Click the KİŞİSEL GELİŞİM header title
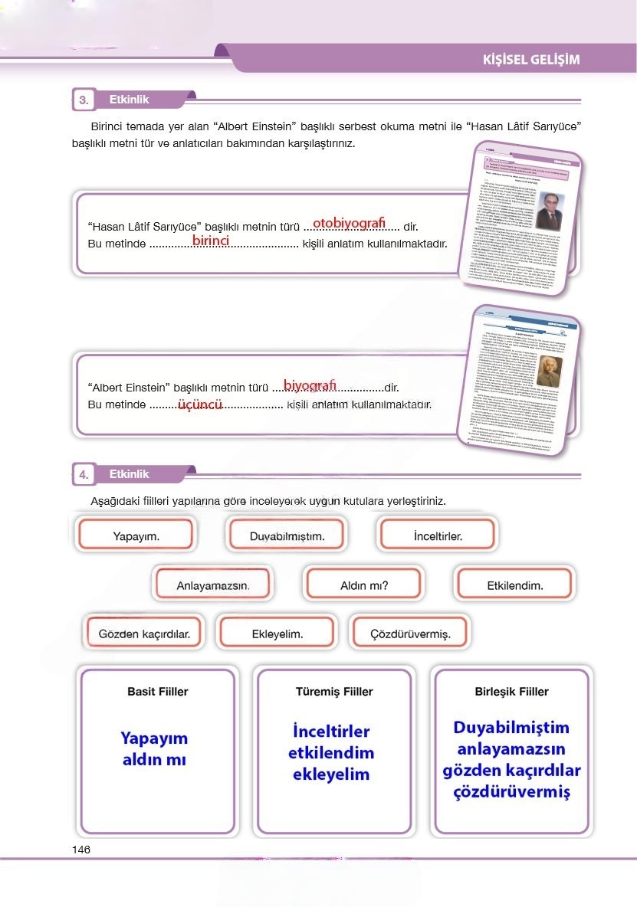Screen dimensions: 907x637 (531, 60)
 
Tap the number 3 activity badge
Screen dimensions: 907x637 (84, 100)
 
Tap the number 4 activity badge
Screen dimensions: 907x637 (84, 475)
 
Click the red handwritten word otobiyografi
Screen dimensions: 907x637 (349, 222)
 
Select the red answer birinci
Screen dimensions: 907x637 (211, 241)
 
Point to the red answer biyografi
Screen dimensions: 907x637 (310, 384)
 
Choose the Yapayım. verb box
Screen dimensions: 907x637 (136, 535)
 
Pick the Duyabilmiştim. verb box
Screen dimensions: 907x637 (287, 535)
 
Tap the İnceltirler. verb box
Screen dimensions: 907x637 (437, 535)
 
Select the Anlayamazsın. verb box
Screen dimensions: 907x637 (212, 586)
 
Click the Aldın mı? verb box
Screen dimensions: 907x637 (363, 586)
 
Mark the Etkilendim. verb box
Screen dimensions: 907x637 (514, 586)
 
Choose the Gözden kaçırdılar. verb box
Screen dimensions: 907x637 (149, 634)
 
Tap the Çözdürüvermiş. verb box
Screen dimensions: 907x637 (409, 634)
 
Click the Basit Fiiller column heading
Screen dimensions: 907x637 (157, 692)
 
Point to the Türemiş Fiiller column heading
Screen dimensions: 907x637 (334, 692)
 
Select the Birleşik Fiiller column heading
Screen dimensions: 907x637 (511, 692)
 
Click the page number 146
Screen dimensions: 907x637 (81, 850)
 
